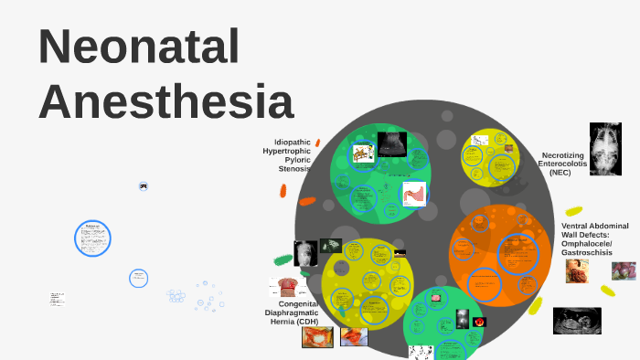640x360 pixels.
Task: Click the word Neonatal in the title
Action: point(139,48)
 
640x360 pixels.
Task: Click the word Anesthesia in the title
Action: point(166,101)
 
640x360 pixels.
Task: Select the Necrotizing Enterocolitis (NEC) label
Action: point(563,164)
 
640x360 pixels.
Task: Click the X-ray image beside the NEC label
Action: point(605,149)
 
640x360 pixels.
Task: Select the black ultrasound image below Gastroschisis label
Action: point(577,320)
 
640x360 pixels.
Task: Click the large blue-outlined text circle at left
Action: point(92,238)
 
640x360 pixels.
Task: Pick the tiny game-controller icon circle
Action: point(144,185)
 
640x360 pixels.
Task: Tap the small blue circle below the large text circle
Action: point(138,277)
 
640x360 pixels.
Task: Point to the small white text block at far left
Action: point(57,299)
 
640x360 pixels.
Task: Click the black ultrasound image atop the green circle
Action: point(392,143)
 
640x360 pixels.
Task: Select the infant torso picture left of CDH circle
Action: point(304,255)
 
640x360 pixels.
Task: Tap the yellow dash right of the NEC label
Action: point(574,211)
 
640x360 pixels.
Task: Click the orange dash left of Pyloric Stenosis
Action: point(307,201)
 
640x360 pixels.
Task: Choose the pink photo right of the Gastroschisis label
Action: point(624,270)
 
